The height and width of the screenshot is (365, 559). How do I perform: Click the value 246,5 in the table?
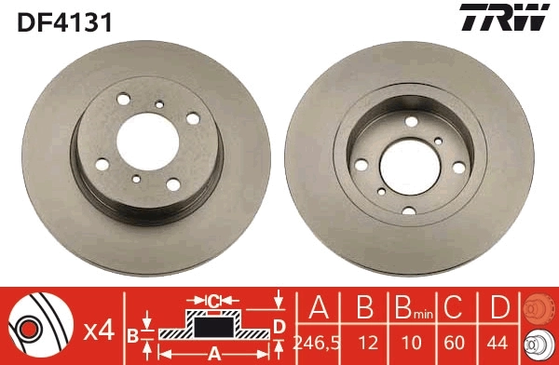click(316, 343)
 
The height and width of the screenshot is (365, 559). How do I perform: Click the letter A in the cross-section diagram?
click(213, 353)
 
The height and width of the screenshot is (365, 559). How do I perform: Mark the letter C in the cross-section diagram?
click(213, 301)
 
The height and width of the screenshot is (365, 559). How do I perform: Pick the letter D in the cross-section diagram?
click(278, 325)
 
